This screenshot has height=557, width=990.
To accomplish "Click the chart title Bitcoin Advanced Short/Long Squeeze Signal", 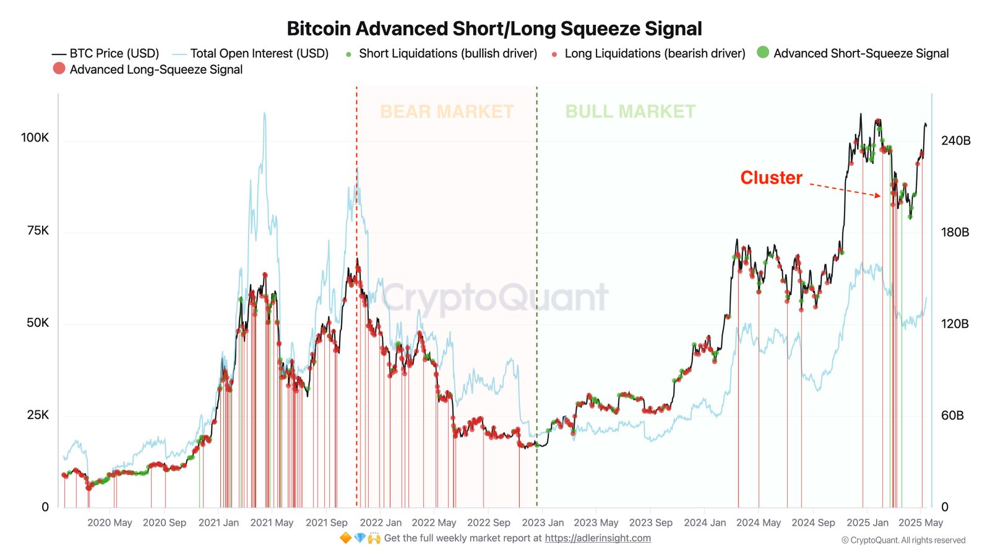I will coord(494,28).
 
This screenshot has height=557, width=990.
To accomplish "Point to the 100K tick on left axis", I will coord(35,137).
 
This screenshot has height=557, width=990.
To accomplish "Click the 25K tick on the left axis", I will coord(37,415).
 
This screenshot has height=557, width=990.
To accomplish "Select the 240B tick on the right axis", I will coord(955,140).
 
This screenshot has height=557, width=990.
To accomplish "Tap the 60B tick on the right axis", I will coord(952,415).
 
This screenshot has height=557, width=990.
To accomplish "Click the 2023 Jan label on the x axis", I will coord(543,522).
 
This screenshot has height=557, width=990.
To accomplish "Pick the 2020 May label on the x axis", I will coord(110,522).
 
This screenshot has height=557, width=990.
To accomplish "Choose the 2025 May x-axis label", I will coord(921,522).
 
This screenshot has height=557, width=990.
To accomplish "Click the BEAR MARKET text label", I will coord(447,111).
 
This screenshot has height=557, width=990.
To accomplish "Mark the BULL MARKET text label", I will coord(630,111).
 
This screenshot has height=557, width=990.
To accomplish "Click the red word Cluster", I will coord(771,178).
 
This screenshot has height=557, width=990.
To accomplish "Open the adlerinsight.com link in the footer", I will coord(598,538).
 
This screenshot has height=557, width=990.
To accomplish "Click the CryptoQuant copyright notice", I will coord(903,540).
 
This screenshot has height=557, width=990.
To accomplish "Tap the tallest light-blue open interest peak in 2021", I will coord(265,114).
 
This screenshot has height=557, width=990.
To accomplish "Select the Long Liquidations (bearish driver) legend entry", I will coord(654,53).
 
